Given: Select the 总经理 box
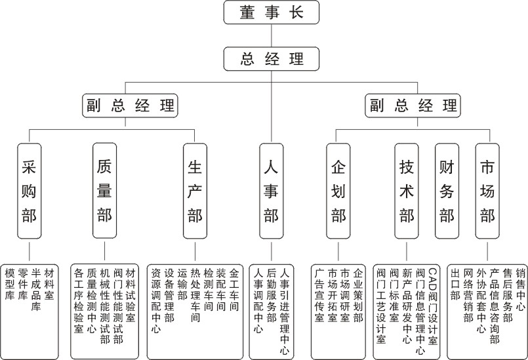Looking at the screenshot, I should point(272,59).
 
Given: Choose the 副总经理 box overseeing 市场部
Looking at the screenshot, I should point(413,105).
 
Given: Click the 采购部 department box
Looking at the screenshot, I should point(29,190).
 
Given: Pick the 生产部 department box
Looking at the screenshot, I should point(195,190).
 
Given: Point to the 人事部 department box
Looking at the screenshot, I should point(272,190).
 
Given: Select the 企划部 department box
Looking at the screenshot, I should point(338,190).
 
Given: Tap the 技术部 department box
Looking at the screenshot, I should point(407,190).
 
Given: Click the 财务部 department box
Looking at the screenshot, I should point(447,190).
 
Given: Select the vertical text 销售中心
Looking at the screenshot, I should point(520,289).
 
